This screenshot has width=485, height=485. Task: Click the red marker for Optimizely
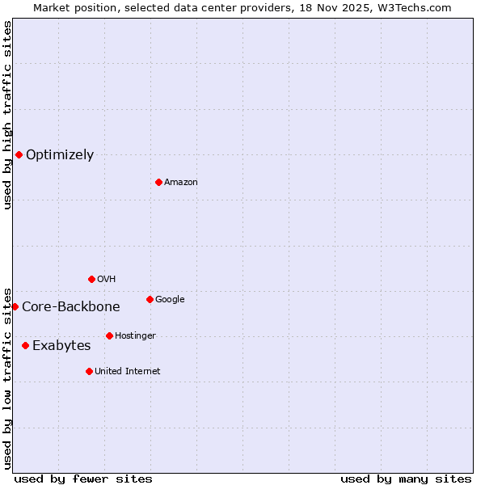pyautogui.click(x=19, y=154)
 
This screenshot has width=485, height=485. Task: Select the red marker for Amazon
pyautogui.click(x=158, y=182)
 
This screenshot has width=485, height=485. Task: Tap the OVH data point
pyautogui.click(x=91, y=279)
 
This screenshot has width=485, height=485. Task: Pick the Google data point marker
pyautogui.click(x=150, y=299)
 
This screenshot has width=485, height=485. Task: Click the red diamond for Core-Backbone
pyautogui.click(x=15, y=306)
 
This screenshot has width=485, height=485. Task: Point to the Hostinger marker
pyautogui.click(x=109, y=335)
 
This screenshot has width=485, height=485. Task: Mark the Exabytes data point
pyautogui.click(x=25, y=345)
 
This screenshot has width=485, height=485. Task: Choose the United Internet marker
pyautogui.click(x=89, y=371)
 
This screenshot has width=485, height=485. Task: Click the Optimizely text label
pyautogui.click(x=60, y=155)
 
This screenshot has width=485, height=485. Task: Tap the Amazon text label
pyautogui.click(x=180, y=183)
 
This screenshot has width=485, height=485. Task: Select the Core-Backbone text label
pyautogui.click(x=70, y=307)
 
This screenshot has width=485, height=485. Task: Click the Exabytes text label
pyautogui.click(x=61, y=346)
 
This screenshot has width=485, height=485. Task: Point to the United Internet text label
pyautogui.click(x=127, y=372)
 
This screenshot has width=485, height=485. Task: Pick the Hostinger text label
pyautogui.click(x=135, y=336)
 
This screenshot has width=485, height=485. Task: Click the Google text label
pyautogui.click(x=170, y=300)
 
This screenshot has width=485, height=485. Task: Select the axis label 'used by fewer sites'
pyautogui.click(x=83, y=479)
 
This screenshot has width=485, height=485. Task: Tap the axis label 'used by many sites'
pyautogui.click(x=406, y=479)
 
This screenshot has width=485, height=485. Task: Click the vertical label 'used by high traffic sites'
pyautogui.click(x=7, y=115)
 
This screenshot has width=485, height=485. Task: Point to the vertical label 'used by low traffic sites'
pyautogui.click(x=7, y=377)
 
